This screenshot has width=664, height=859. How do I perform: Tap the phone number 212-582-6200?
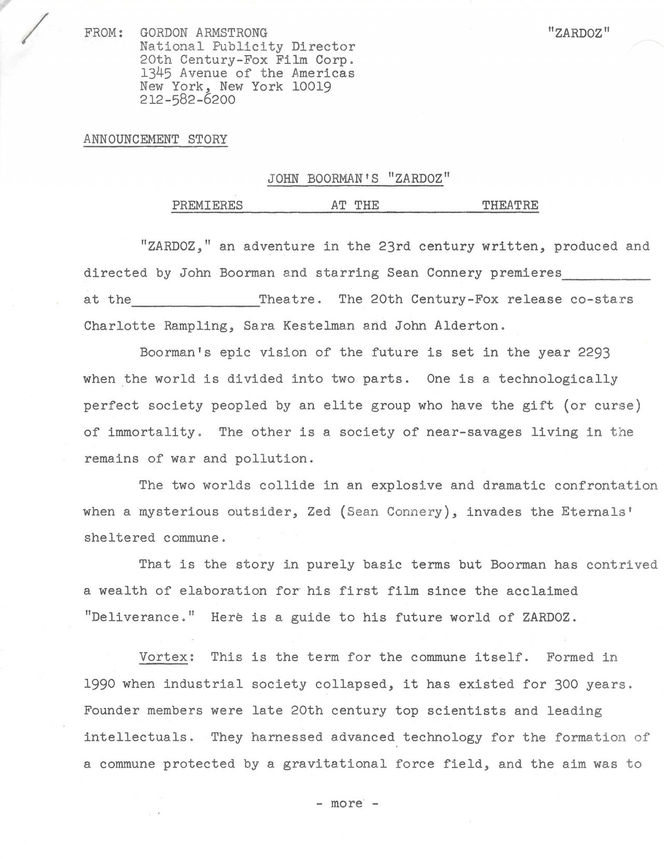click(x=187, y=100)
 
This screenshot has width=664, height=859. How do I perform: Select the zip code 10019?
click(x=311, y=86)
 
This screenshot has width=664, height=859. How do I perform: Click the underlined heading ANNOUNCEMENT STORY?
click(x=155, y=140)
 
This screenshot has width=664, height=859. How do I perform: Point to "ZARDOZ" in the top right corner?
click(x=578, y=33)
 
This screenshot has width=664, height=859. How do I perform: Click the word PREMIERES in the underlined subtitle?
click(x=207, y=206)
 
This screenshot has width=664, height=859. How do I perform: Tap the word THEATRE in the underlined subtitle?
click(x=510, y=206)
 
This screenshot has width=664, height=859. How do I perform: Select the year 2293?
click(x=593, y=352)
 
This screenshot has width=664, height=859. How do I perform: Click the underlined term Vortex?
click(x=163, y=657)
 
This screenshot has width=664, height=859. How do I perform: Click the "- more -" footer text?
click(x=347, y=803)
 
